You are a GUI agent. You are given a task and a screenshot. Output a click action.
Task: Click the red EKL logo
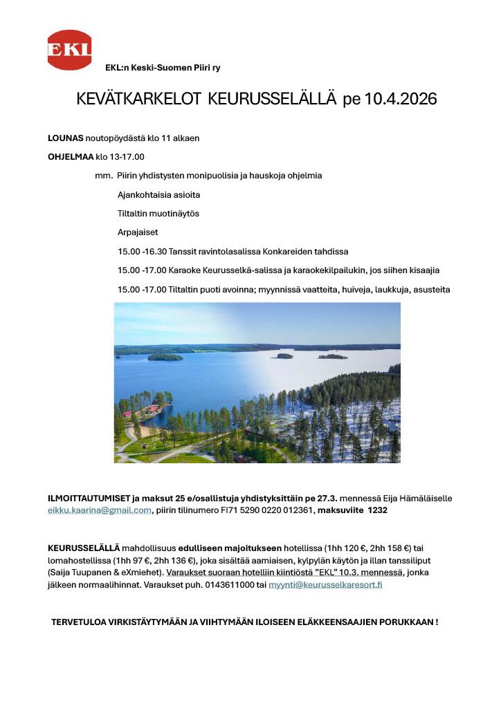pos(69,50)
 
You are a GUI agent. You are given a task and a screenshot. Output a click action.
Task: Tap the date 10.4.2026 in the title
pos(399,100)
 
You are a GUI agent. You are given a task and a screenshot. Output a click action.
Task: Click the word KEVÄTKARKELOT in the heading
pos(138,100)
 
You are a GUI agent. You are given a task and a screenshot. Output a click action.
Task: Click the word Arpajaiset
pos(138,232)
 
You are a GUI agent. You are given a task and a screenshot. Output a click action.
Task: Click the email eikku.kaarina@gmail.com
pos(100,510)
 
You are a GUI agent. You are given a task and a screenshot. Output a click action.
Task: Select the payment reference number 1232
pos(378,510)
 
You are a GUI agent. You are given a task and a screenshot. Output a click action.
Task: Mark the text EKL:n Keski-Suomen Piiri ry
pos(163,68)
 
